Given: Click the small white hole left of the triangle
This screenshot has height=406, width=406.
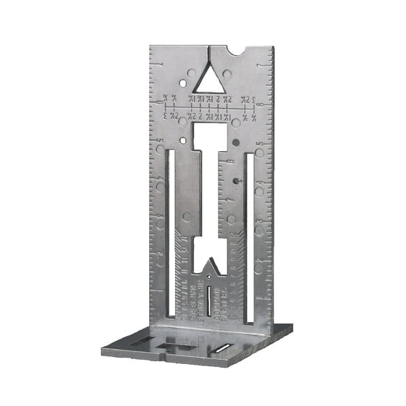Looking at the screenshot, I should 183,83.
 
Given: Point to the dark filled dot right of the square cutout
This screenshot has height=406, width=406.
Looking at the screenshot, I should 236,142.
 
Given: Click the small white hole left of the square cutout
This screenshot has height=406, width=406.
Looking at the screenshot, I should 183,141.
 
